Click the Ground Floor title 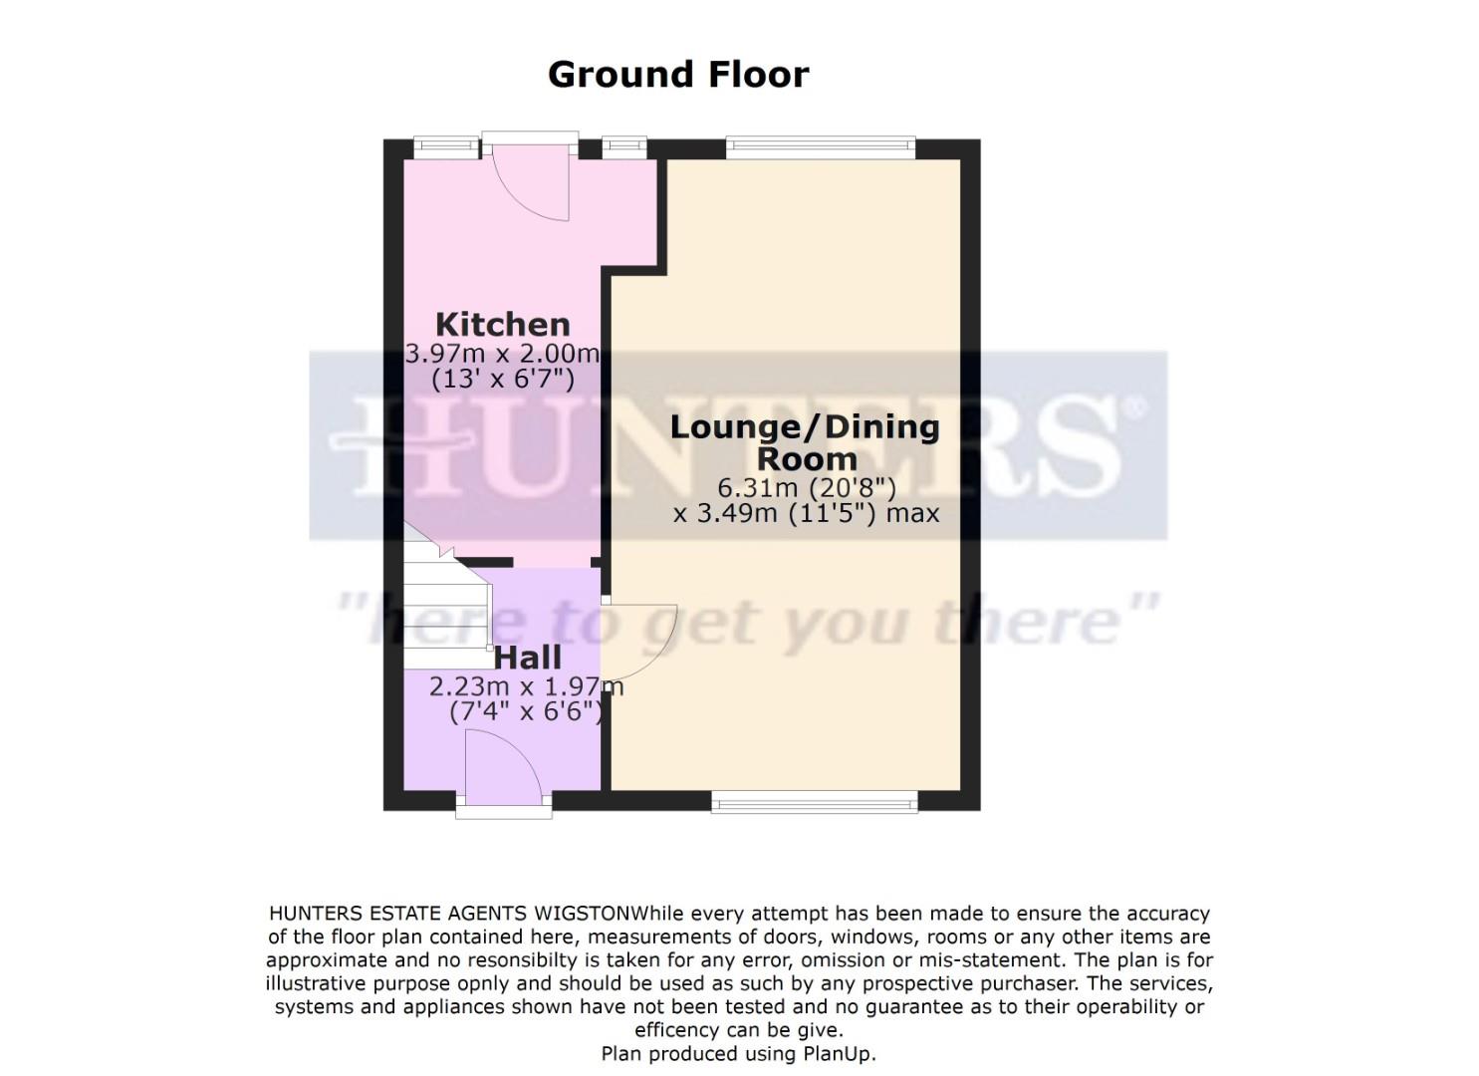[x=678, y=75]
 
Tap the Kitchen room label [x=502, y=324]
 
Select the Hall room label [x=528, y=658]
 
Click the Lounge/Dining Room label [x=805, y=442]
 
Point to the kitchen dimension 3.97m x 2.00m [x=502, y=353]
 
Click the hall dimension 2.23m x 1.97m [x=526, y=686]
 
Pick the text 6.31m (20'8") [x=807, y=488]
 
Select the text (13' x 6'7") [x=502, y=379]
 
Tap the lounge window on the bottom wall [x=814, y=800]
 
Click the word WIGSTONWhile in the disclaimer [x=582, y=914]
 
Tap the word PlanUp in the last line [x=836, y=1053]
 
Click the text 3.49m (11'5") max [x=817, y=514]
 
